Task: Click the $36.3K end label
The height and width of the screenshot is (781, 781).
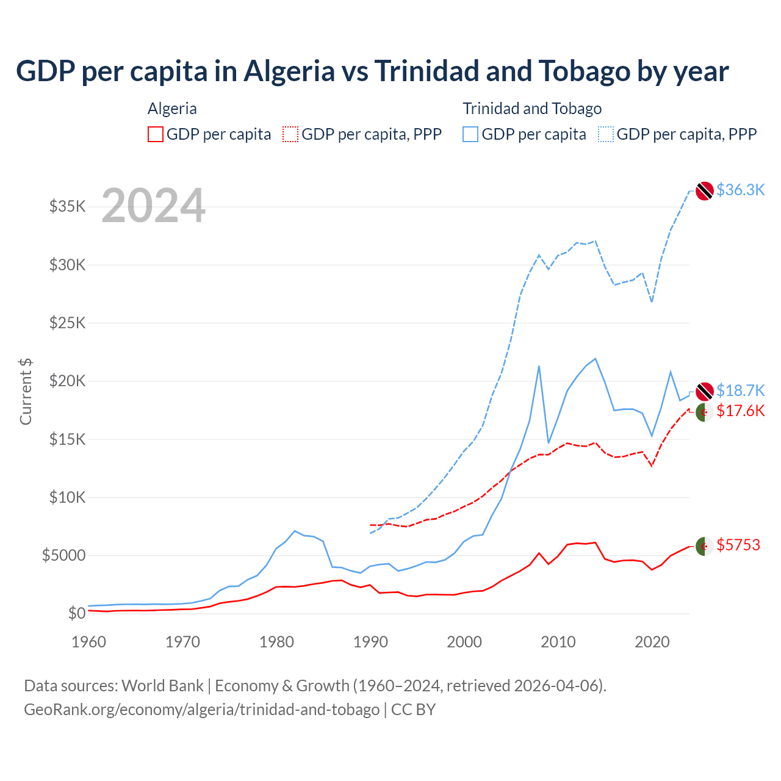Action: (x=740, y=190)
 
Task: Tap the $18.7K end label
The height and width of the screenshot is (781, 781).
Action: (x=740, y=390)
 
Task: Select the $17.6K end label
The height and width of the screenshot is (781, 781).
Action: (x=740, y=411)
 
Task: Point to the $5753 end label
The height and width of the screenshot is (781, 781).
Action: (x=738, y=545)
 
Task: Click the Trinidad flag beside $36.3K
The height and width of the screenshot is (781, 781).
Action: (x=705, y=190)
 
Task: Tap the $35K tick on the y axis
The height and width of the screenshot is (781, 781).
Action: (x=68, y=206)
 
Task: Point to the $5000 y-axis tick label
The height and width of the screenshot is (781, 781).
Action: (x=63, y=555)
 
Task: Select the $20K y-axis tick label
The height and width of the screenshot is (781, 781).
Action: (x=68, y=381)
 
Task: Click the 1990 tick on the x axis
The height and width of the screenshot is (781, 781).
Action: (x=370, y=642)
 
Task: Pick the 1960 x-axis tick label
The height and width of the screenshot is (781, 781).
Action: (x=89, y=642)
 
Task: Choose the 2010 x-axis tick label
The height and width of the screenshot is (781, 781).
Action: (x=558, y=642)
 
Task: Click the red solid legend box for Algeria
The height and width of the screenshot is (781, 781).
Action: (x=156, y=134)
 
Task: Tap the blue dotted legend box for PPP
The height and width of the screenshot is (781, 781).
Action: (x=606, y=134)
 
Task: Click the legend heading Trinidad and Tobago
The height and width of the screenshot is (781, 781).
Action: (x=532, y=109)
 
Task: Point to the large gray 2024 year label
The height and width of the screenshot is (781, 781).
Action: (x=153, y=206)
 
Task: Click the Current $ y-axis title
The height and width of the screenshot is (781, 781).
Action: (x=26, y=391)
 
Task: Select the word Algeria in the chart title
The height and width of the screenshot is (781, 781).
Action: (x=289, y=71)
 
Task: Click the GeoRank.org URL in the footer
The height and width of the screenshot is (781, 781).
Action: (x=201, y=710)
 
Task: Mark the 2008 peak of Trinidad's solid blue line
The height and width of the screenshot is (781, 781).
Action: (x=539, y=366)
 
